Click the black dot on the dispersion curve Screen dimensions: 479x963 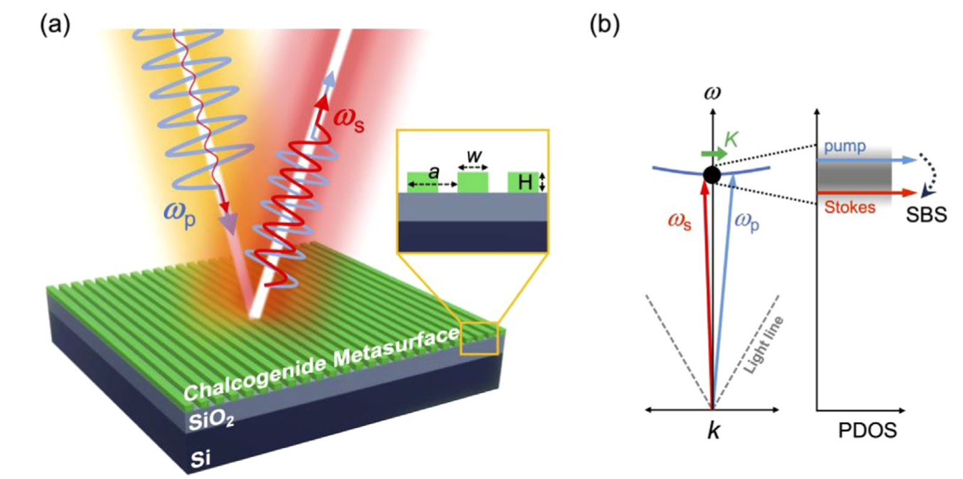pos(711,174)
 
